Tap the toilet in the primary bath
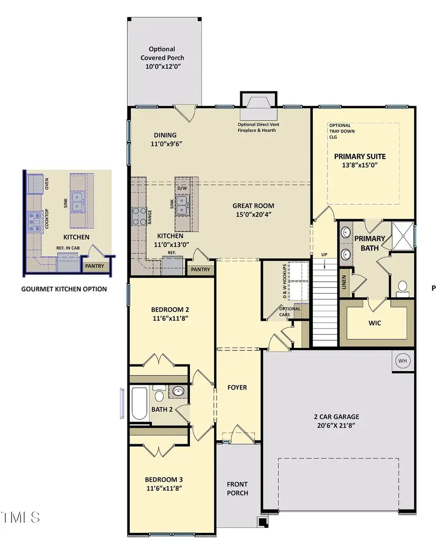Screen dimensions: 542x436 click(x=403, y=287)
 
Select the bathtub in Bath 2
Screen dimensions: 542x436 click(x=140, y=403)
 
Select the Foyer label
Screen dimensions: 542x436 click(x=237, y=387)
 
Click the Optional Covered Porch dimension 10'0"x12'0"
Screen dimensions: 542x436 click(x=162, y=66)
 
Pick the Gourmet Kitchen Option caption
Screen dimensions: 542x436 click(x=64, y=289)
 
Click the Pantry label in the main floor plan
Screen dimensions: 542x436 click(x=201, y=270)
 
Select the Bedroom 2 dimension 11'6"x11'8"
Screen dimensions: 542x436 click(x=169, y=318)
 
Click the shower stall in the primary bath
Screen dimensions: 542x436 click(x=403, y=234)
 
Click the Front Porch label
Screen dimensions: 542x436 click(x=237, y=488)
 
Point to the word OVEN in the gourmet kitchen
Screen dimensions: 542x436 click(x=47, y=184)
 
